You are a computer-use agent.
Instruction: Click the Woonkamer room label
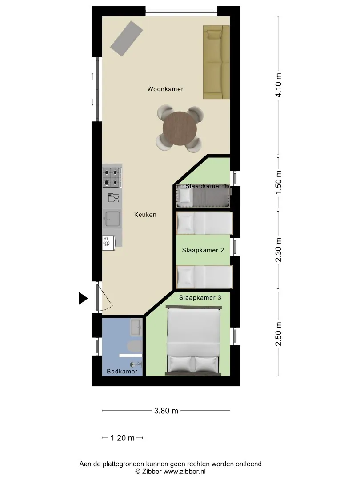[165, 89]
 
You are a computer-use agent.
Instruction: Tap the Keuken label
[145, 215]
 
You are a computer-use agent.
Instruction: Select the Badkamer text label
[122, 371]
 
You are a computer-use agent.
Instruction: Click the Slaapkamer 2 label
[203, 250]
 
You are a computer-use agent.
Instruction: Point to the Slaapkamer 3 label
[200, 297]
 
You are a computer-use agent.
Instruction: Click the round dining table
[180, 129]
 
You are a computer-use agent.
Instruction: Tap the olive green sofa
[216, 62]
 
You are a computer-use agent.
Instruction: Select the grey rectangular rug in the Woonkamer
[126, 39]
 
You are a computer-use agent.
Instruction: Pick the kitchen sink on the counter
[112, 219]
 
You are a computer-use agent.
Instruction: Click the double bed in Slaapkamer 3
[193, 340]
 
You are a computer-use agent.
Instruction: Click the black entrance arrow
[83, 299]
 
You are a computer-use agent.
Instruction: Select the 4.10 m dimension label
[278, 85]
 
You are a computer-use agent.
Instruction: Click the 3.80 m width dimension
[166, 411]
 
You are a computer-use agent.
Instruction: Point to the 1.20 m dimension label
[123, 438]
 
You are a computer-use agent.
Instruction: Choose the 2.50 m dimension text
[278, 334]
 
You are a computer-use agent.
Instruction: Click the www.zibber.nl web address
[184, 472]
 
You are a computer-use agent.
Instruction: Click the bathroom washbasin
[136, 327]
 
